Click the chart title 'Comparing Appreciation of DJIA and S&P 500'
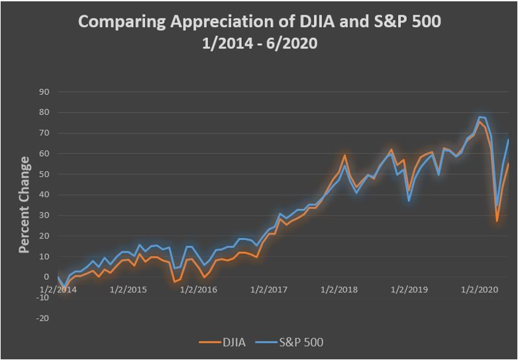(x=259, y=22)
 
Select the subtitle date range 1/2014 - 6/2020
(x=259, y=44)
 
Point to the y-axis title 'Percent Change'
(x=24, y=205)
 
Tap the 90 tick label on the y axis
(x=46, y=92)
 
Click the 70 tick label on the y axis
(x=46, y=133)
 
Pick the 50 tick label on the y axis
(x=46, y=174)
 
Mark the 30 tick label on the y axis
(x=46, y=215)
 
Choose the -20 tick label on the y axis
(x=44, y=318)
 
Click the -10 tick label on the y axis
(x=44, y=298)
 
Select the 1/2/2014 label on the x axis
(x=58, y=290)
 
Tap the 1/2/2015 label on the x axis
(x=128, y=290)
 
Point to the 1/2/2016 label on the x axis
(x=197, y=290)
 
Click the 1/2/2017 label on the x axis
(x=268, y=290)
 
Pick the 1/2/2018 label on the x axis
(x=337, y=290)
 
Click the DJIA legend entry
(x=231, y=342)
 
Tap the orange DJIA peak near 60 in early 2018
(x=345, y=156)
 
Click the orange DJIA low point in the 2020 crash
(x=497, y=221)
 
